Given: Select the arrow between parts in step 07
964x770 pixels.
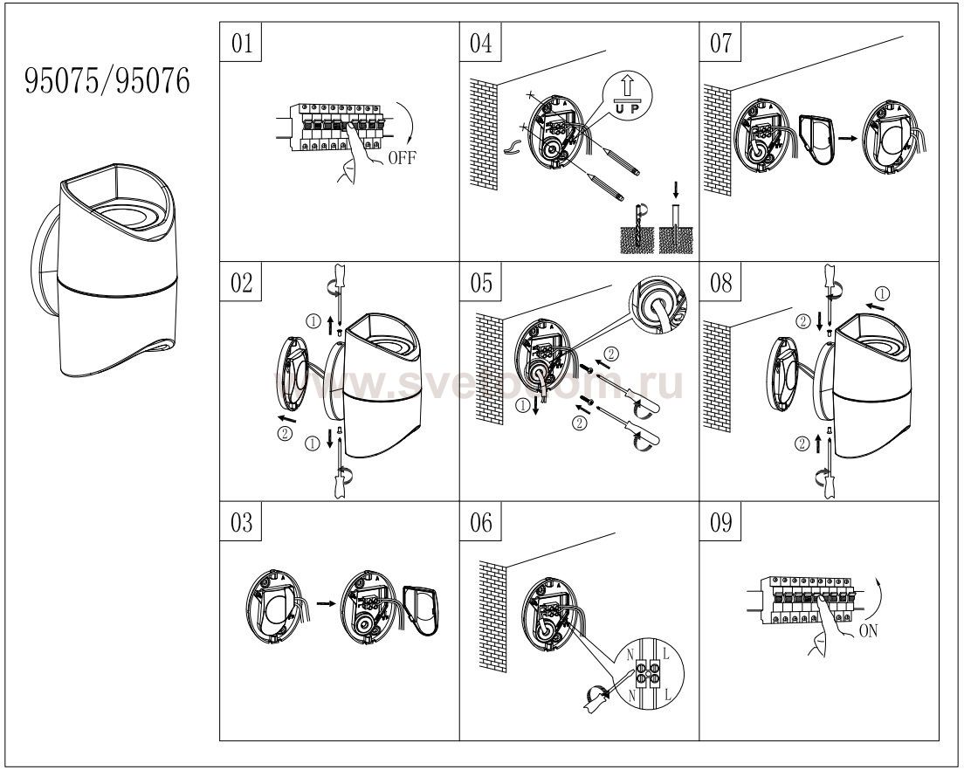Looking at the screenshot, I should click(844, 138).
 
